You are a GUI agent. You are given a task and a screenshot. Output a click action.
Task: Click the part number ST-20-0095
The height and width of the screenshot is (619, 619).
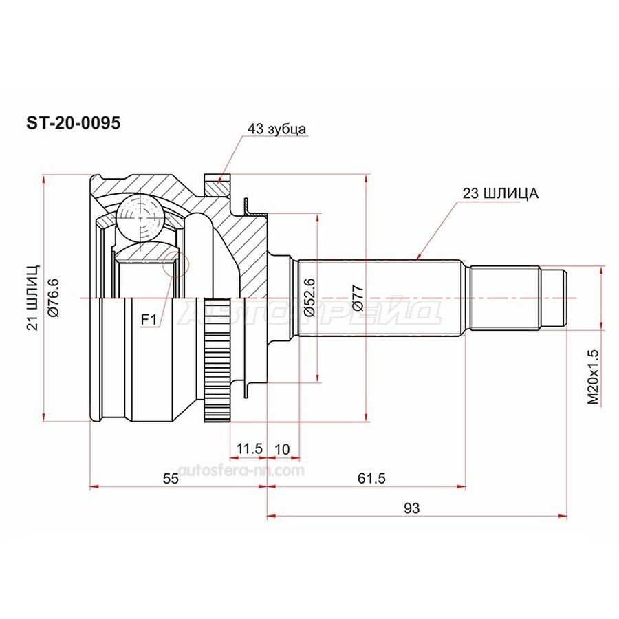(74, 123)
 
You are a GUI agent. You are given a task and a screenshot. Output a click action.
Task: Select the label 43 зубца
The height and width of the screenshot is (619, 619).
(276, 129)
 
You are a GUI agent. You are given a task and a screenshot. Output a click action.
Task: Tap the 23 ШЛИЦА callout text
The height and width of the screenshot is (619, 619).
(501, 193)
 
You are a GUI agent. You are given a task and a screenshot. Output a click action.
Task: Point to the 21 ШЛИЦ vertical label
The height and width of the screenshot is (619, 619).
(33, 297)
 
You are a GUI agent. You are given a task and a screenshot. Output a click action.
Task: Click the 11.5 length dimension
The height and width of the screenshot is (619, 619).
(249, 448)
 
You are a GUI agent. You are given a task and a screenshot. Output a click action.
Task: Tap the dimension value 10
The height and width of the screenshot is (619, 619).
(282, 449)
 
